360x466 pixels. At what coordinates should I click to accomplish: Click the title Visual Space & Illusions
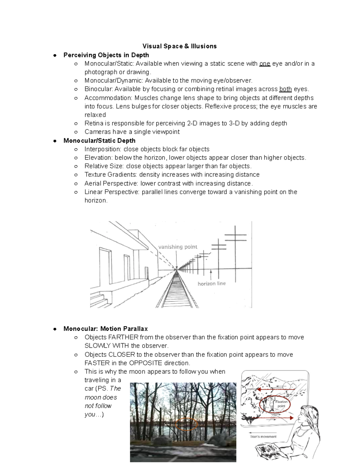pyautogui.click(x=179, y=46)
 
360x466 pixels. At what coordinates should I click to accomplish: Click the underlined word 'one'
pyautogui.click(x=265, y=64)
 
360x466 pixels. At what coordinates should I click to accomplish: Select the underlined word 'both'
pyautogui.click(x=285, y=89)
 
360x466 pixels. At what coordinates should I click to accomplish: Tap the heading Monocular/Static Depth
pyautogui.click(x=99, y=141)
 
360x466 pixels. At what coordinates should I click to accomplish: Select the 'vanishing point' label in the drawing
pyautogui.click(x=178, y=247)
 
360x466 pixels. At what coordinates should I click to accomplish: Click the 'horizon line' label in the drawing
pyautogui.click(x=211, y=284)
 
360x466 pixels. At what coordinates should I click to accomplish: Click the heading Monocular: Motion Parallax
pyautogui.click(x=106, y=329)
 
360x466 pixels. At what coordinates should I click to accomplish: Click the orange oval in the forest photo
pyautogui.click(x=186, y=424)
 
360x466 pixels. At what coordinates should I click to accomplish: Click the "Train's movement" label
pyautogui.click(x=263, y=437)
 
